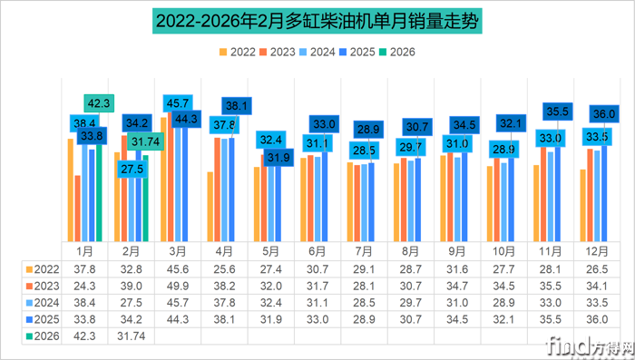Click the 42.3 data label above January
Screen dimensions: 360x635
tap(100, 103)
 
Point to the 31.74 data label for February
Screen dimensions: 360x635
tap(145, 141)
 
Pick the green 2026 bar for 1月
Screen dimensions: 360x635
tap(100, 190)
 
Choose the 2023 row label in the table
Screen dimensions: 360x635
tap(43, 285)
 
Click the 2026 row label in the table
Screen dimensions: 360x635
tap(43, 334)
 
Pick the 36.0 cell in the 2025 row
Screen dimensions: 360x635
tap(596, 317)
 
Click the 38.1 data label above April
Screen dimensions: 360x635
tap(239, 105)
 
